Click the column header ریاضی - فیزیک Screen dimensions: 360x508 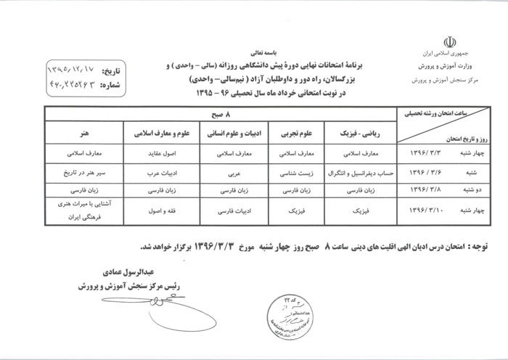click(x=351, y=134)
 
